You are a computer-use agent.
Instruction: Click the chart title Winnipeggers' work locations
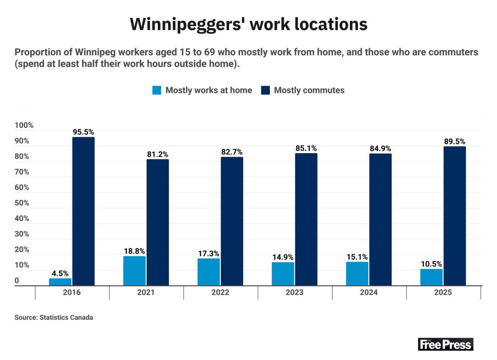point(248,24)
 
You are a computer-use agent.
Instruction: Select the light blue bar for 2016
point(60,281)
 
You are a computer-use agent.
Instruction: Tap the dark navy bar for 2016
point(83,211)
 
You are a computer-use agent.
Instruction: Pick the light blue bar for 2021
point(134,270)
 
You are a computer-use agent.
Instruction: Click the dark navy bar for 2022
point(232,221)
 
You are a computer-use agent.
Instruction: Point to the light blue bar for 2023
point(283,273)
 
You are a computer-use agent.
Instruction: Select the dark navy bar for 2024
point(380,219)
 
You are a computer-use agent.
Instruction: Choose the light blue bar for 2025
point(431,277)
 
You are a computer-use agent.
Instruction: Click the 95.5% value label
point(83,132)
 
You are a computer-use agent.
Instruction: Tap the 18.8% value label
point(134,251)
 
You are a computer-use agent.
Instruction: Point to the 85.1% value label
point(306,148)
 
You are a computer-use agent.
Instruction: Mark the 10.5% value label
point(431,264)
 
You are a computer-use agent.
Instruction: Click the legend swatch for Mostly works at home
point(157,90)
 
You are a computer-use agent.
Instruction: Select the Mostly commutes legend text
point(309,90)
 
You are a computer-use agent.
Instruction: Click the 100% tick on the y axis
point(24,125)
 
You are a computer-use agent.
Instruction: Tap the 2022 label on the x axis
point(220,292)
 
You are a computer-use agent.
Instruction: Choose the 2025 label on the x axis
point(443,292)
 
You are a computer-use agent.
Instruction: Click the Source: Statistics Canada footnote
point(54,317)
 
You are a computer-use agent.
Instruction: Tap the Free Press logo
point(445,344)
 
